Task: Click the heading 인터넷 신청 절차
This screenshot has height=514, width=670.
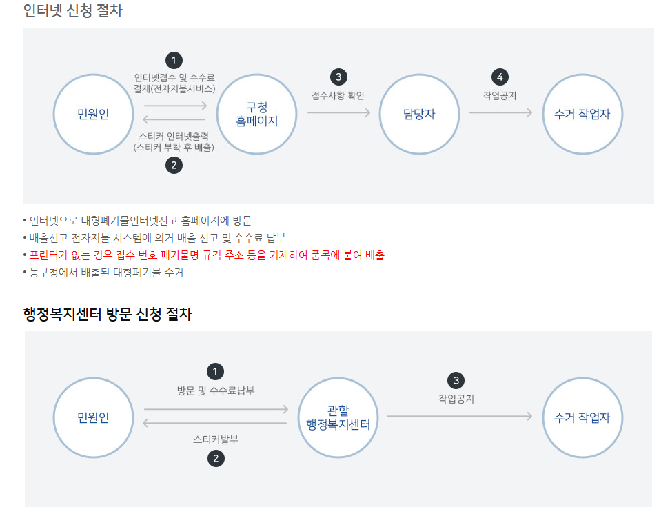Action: point(72,11)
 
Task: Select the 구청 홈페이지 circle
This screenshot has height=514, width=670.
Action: point(256,114)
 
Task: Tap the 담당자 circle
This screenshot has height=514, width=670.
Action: point(419,114)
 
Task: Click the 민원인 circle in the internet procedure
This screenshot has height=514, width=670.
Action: point(93,114)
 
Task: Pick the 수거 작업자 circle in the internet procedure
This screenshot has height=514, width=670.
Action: point(582,114)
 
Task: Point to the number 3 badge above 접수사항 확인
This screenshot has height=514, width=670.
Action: point(338,77)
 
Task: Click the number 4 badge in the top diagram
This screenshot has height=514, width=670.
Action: point(500,77)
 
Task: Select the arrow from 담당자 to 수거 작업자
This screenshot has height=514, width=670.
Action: point(500,112)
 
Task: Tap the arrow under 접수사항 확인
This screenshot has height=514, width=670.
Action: point(338,112)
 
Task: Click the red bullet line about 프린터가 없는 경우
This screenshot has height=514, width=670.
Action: point(207,255)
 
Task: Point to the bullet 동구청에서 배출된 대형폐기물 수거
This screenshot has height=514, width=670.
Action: point(106,273)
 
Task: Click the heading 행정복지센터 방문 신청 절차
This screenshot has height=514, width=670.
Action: point(108,315)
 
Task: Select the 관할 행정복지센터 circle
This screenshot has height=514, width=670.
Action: point(338,417)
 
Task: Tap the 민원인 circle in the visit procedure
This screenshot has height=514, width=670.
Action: point(93,417)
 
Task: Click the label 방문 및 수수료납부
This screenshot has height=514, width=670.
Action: point(216,391)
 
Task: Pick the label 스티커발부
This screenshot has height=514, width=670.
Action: point(216,439)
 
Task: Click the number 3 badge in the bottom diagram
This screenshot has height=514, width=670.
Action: point(456,380)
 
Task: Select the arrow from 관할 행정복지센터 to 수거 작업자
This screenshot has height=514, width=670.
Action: point(459,416)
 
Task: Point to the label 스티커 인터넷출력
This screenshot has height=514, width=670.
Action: point(174,136)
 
